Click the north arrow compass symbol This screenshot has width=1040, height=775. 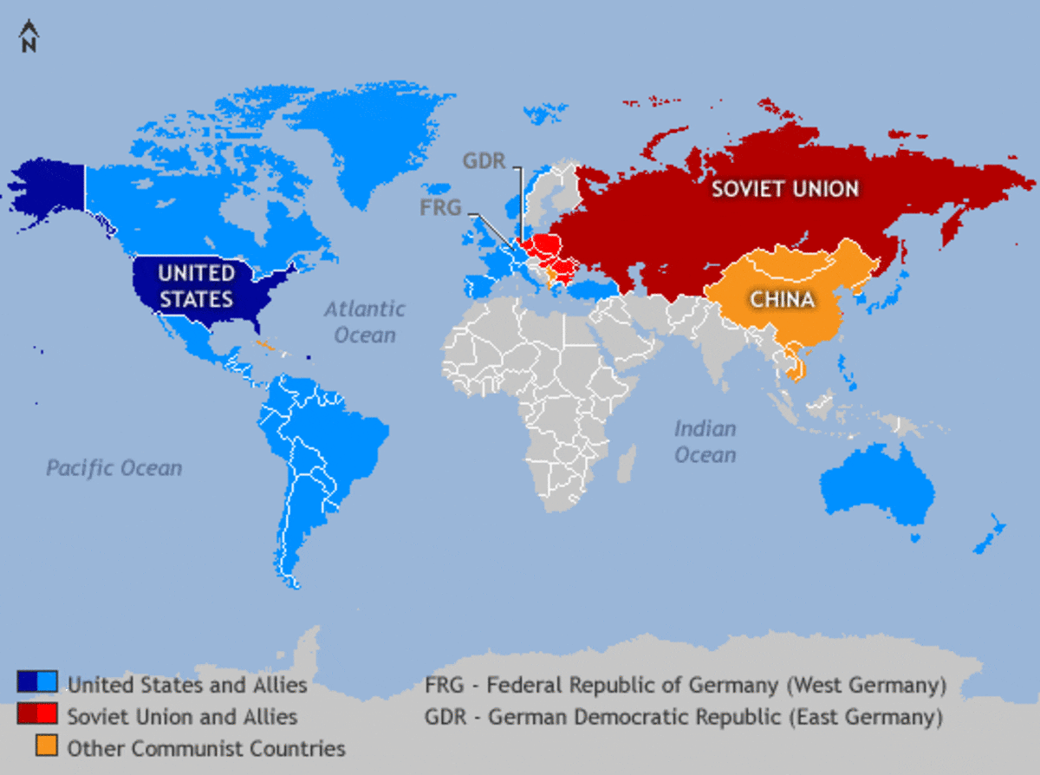click(29, 38)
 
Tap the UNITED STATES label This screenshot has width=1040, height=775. click(196, 286)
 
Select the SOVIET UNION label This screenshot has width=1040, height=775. click(785, 188)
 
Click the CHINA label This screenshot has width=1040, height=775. click(783, 300)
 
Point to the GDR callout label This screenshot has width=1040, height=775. click(484, 162)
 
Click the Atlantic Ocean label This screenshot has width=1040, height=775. click(364, 322)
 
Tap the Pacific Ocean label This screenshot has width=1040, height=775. click(114, 469)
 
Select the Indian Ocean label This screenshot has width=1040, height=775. click(705, 441)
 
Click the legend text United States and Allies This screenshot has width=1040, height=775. click(187, 685)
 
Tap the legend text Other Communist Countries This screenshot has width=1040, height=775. click(206, 748)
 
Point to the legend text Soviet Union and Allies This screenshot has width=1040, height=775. click(182, 717)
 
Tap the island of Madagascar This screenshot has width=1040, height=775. click(627, 464)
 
